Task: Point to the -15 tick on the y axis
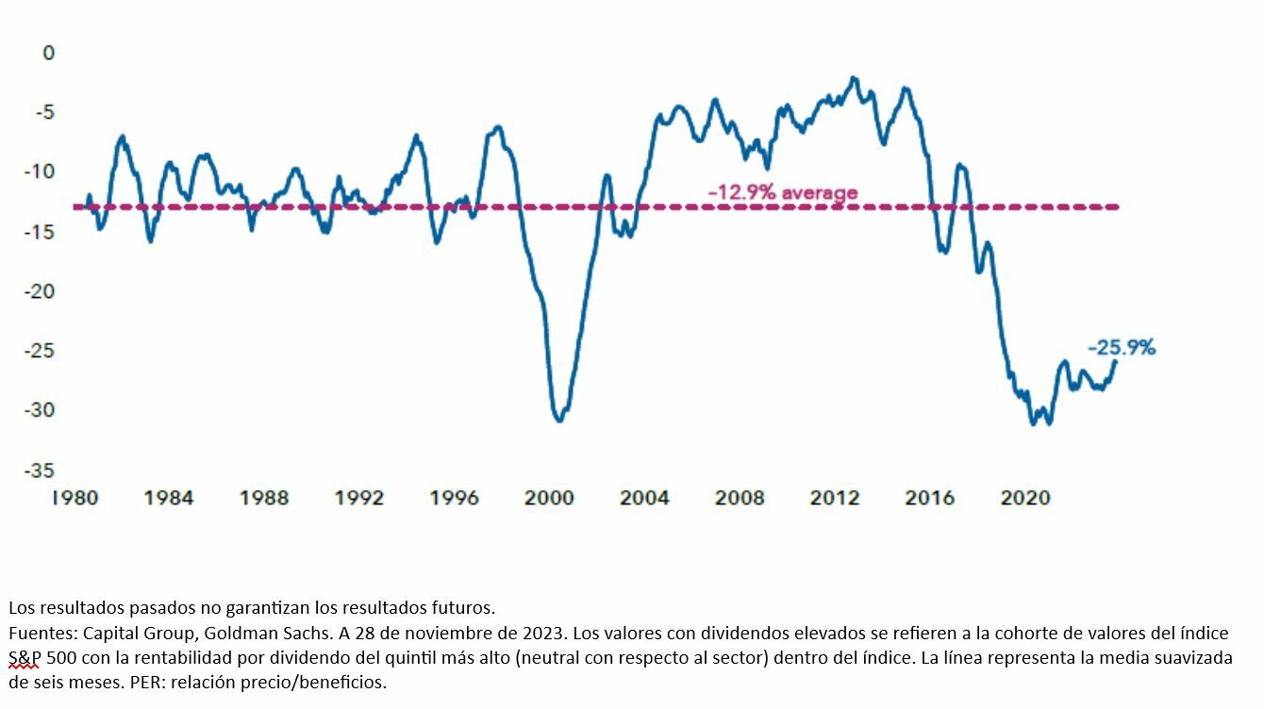(41, 232)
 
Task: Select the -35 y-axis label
(41, 470)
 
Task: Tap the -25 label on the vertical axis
(41, 351)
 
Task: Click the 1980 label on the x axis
(75, 497)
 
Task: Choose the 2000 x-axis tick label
(549, 497)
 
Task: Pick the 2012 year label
(835, 497)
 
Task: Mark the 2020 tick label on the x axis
(1024, 497)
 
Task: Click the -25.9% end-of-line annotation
(1121, 348)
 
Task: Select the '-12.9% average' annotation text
(783, 193)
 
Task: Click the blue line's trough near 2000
(559, 420)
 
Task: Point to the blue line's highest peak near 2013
(854, 78)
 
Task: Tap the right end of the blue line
(1116, 361)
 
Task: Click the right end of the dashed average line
(1118, 206)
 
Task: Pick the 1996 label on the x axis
(454, 497)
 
